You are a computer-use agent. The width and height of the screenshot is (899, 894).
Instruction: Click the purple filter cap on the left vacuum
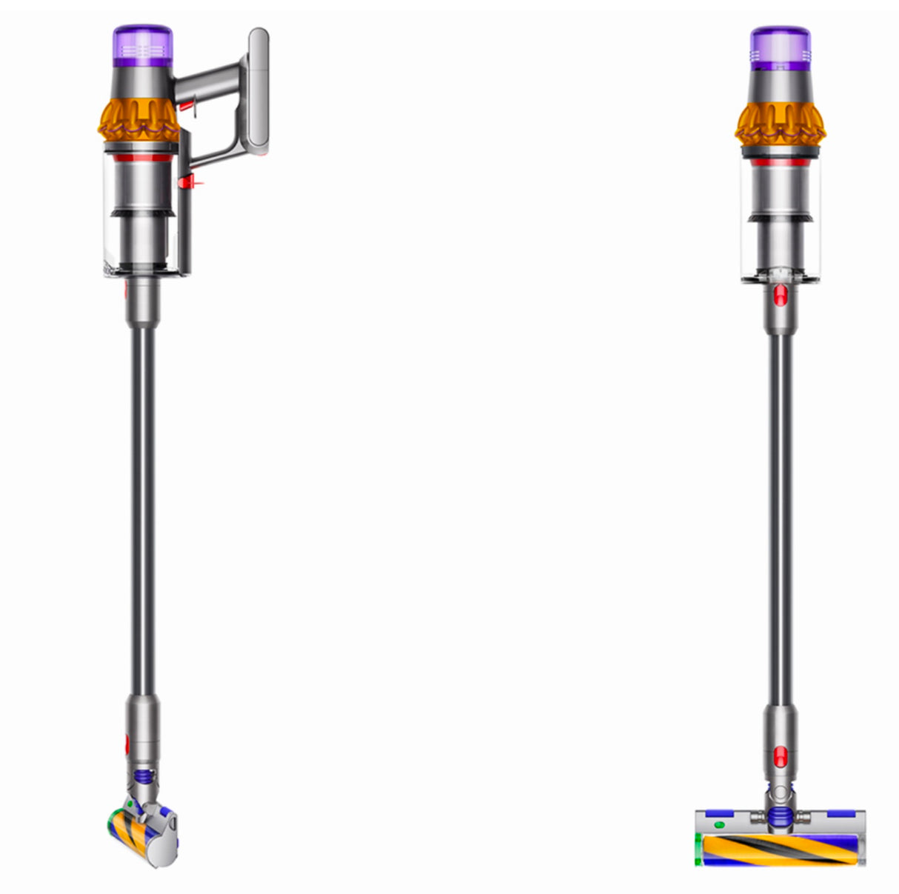pos(142,46)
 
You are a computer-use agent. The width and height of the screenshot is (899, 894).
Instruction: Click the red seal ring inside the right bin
pos(780,161)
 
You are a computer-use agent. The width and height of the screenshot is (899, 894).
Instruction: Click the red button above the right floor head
pos(779,757)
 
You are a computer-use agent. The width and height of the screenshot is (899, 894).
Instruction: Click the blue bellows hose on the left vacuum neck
pos(144,777)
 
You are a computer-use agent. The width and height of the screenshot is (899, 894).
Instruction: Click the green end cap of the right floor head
pos(698,849)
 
